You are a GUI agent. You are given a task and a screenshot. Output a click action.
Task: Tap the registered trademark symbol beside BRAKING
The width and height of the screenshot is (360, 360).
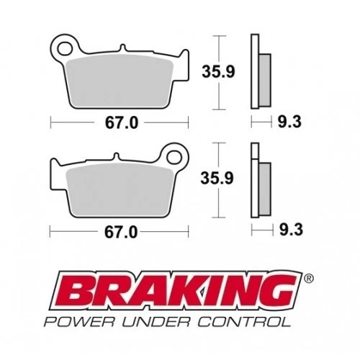[x=307, y=277]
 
